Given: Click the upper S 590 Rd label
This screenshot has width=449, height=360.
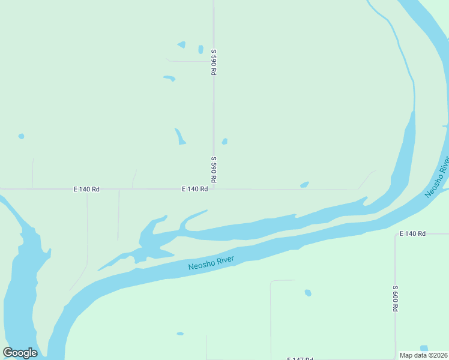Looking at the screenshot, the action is (213, 62).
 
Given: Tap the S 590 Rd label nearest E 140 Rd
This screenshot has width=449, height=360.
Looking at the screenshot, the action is (213, 170).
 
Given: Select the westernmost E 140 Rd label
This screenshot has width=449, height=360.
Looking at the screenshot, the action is (86, 189).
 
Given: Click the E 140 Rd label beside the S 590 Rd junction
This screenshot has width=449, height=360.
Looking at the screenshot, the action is (195, 189).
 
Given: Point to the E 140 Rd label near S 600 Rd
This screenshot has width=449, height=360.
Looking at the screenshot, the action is (412, 233).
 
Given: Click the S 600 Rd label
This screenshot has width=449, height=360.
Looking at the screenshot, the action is (396, 298).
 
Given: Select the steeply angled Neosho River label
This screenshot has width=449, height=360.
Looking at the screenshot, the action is (437, 177).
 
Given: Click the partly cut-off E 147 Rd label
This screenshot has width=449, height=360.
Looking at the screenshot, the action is (300, 358).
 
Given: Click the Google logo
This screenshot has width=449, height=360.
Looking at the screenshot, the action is (20, 353).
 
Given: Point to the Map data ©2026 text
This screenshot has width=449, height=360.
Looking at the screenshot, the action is (424, 355).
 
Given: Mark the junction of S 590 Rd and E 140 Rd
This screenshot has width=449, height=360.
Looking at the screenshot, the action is (214, 189).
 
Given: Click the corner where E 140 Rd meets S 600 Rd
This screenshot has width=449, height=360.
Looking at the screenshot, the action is (396, 233).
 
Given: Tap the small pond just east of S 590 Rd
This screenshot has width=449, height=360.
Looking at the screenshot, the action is (224, 142).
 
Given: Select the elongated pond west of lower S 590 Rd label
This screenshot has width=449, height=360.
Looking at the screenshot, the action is (179, 136).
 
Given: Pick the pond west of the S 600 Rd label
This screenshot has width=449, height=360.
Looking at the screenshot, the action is (308, 293).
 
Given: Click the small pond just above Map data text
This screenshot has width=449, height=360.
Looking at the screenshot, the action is (424, 348).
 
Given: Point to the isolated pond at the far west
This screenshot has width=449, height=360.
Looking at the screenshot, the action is (21, 136).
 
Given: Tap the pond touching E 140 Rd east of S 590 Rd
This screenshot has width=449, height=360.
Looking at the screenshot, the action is (304, 185).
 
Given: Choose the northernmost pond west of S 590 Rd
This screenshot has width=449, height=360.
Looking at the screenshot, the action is (181, 45).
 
